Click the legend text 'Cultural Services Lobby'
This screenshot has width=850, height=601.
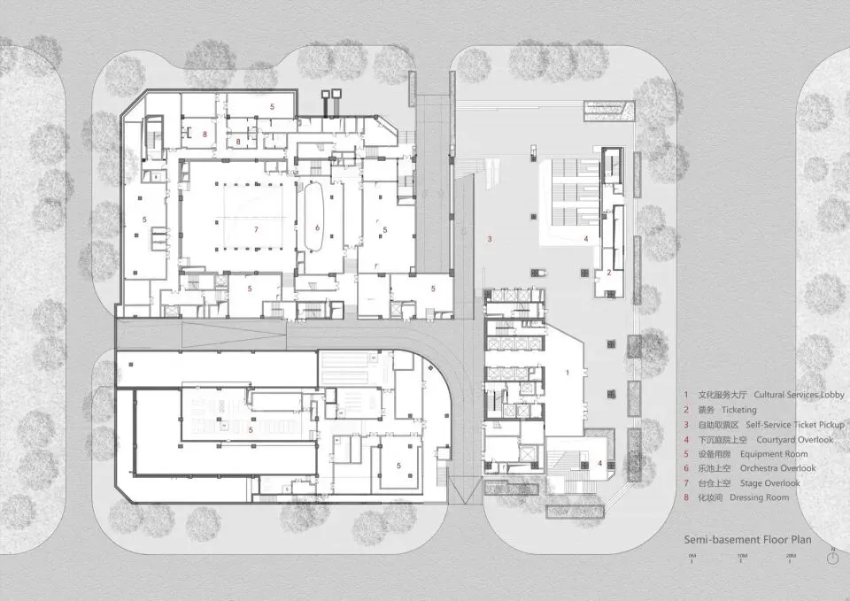800,395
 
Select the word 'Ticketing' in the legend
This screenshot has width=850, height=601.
739,410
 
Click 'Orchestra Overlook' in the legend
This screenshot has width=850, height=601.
780,468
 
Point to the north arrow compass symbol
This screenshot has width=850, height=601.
832,558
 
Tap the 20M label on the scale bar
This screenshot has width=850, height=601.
791,554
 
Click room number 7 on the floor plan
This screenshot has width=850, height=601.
256,228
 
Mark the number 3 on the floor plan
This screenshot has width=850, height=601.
489,239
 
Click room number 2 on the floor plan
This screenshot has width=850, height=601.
608,273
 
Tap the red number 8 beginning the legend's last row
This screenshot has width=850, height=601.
684,497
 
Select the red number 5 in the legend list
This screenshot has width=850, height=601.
684,453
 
